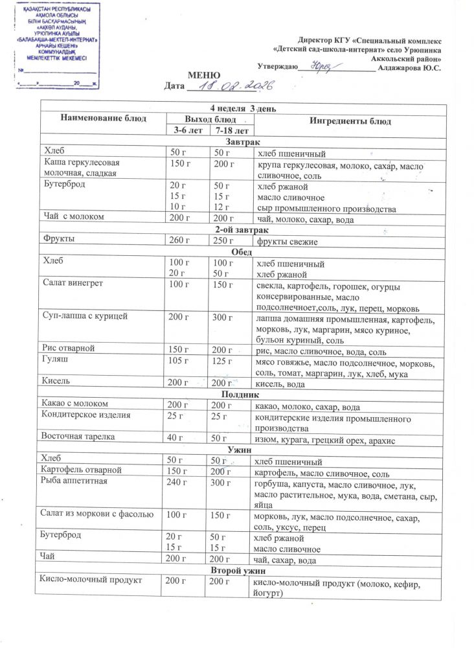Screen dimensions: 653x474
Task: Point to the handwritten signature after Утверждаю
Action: point(322,65)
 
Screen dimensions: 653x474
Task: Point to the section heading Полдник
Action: point(240,394)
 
